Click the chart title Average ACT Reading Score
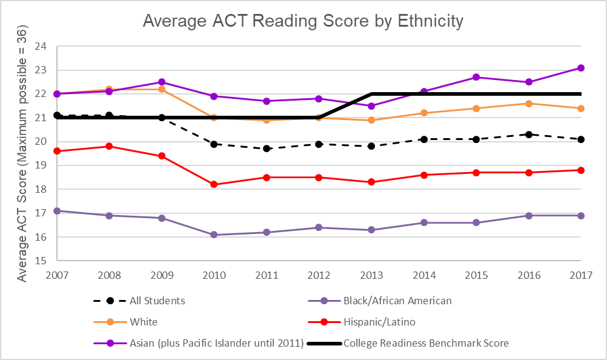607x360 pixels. tap(303, 21)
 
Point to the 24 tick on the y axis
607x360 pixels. tap(41, 46)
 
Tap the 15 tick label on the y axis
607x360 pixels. tap(41, 261)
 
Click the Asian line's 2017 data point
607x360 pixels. tap(580, 68)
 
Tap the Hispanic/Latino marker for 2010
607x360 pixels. tap(214, 184)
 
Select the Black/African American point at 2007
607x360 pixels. tap(57, 211)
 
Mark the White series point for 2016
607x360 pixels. tap(528, 104)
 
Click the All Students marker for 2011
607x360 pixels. tap(267, 148)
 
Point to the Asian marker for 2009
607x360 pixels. tap(162, 82)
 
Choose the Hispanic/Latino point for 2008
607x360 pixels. tap(109, 146)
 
